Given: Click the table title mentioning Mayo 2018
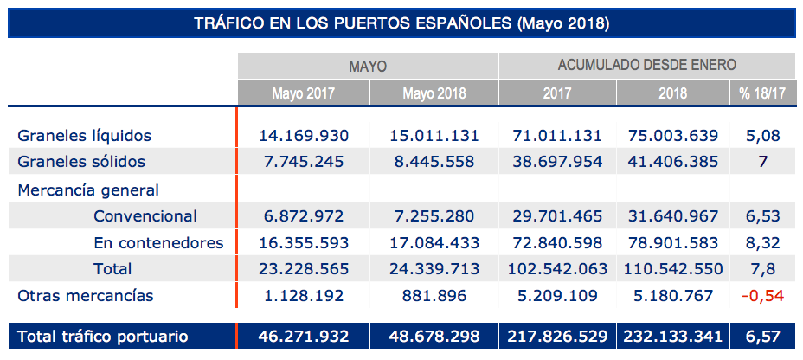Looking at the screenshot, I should coord(402,22).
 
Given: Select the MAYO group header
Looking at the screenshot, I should coord(368,66).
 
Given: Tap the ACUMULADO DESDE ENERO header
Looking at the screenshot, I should coord(647,65).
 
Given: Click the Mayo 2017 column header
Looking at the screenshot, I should coord(303,93).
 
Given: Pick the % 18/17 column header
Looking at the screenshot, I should coord(762,93).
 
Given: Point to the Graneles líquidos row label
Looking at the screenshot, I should coord(85,136).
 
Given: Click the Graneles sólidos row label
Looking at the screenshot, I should coord(81,162).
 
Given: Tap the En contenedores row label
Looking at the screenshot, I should coord(158,242).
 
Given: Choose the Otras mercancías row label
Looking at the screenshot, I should coord(86,296).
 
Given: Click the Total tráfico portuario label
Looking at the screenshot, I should coord(103,337).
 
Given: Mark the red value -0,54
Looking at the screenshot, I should coord(762,296).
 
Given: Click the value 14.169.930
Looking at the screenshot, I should coord(303,136).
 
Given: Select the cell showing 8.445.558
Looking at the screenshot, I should coord(434,162).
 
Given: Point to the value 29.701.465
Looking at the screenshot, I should coord(558,215).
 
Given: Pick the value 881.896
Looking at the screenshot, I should coord(434,296).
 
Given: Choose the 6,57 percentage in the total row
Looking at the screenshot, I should coord(762,337).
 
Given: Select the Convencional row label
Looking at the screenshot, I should coord(145,215).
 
